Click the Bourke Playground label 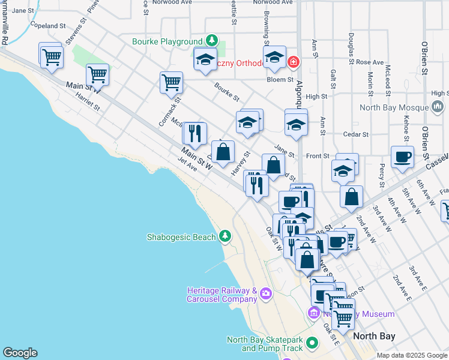(x=167, y=41)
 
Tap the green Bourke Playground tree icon (x=211, y=41)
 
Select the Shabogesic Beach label (x=181, y=237)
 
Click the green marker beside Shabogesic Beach (x=225, y=236)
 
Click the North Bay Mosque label (x=393, y=108)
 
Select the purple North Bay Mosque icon (x=438, y=108)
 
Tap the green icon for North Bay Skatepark (x=312, y=343)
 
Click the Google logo (x=20, y=353)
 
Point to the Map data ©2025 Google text (x=411, y=355)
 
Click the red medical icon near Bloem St (x=294, y=62)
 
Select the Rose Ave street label (x=370, y=62)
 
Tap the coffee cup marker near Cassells (x=402, y=157)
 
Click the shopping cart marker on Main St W (x=97, y=75)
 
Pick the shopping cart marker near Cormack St (x=172, y=83)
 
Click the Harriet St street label (x=88, y=103)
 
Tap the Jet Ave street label (x=188, y=164)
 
